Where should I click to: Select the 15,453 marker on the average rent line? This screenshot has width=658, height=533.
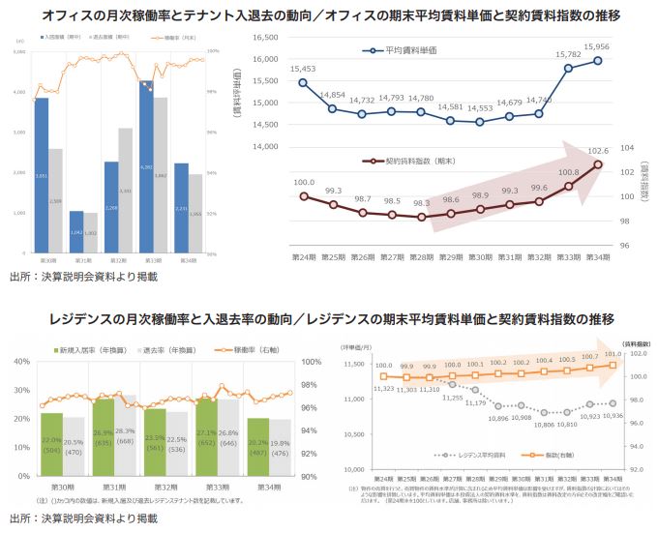coord(303,82)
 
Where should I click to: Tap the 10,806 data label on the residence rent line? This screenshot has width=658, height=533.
coord(544,423)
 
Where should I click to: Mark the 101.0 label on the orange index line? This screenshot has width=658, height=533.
coord(612,354)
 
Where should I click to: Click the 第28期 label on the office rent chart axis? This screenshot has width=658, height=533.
coord(421,256)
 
